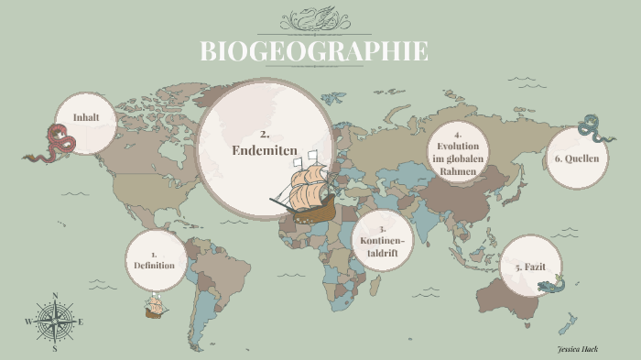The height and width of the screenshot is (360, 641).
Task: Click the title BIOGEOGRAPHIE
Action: click(x=314, y=50)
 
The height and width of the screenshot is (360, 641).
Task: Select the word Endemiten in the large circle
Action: click(x=266, y=150)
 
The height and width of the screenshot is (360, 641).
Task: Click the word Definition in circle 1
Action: click(x=154, y=265)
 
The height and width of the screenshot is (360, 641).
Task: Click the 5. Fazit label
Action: click(x=532, y=267)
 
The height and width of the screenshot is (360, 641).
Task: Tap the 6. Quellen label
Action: click(x=578, y=158)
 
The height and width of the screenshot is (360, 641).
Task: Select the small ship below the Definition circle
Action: click(x=155, y=307)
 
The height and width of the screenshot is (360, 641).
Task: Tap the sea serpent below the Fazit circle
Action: click(x=553, y=288)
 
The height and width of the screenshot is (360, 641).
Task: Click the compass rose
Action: click(x=55, y=322)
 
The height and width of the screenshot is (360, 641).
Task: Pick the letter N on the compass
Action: click(x=55, y=296)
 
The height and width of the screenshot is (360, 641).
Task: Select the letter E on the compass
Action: click(x=81, y=322)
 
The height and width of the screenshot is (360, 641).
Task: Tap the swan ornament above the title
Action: click(x=314, y=19)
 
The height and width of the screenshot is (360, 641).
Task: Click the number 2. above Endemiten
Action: click(x=266, y=134)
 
